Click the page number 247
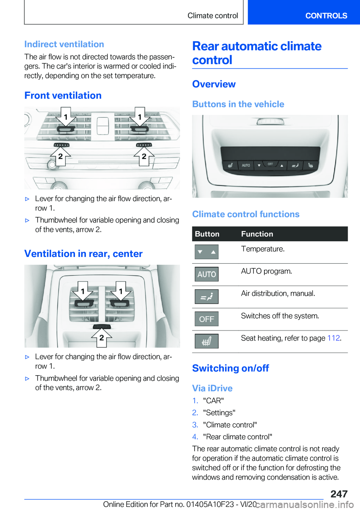pyautogui.click(x=339, y=494)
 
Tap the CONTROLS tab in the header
pyautogui.click(x=326, y=16)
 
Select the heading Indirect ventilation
pyautogui.click(x=64, y=44)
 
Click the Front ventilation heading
pyautogui.click(x=63, y=96)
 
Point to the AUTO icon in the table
pyautogui.click(x=207, y=274)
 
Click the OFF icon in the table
pyautogui.click(x=207, y=319)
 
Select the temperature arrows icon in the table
pyautogui.click(x=207, y=252)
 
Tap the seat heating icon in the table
pyautogui.click(x=207, y=341)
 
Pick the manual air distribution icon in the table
pyautogui.click(x=207, y=297)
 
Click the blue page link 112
pyautogui.click(x=333, y=338)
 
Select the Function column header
pyautogui.click(x=257, y=234)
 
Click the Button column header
pyautogui.click(x=207, y=234)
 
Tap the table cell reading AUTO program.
pyautogui.click(x=266, y=271)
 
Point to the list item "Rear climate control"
pyautogui.click(x=237, y=437)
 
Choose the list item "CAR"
pyautogui.click(x=213, y=401)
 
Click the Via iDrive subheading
pyautogui.click(x=212, y=388)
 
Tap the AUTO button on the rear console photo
pyautogui.click(x=246, y=165)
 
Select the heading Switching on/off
pyautogui.click(x=231, y=368)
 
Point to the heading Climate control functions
pyautogui.click(x=246, y=214)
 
